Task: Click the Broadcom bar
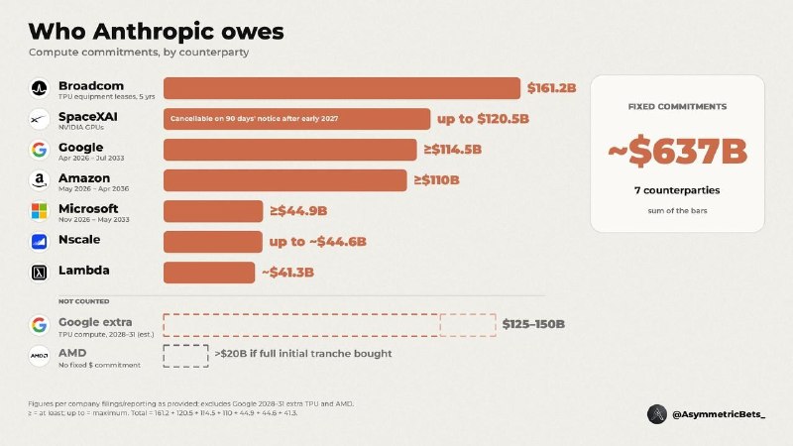click(342, 88)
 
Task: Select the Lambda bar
click(209, 273)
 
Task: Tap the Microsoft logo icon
click(39, 211)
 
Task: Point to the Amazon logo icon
click(39, 180)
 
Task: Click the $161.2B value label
click(552, 88)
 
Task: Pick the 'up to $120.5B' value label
click(483, 119)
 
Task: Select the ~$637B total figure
click(677, 151)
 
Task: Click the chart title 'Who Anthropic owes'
click(157, 32)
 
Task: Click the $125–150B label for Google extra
click(533, 324)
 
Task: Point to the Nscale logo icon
click(39, 242)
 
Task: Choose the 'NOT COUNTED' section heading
click(84, 301)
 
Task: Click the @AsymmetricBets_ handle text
click(719, 414)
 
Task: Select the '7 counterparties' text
click(677, 190)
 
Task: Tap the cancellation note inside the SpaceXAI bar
click(255, 119)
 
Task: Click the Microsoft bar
click(213, 211)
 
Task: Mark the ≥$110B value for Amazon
click(437, 180)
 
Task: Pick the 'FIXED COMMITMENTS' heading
click(677, 107)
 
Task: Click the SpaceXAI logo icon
click(39, 119)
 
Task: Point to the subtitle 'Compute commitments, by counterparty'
click(139, 53)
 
